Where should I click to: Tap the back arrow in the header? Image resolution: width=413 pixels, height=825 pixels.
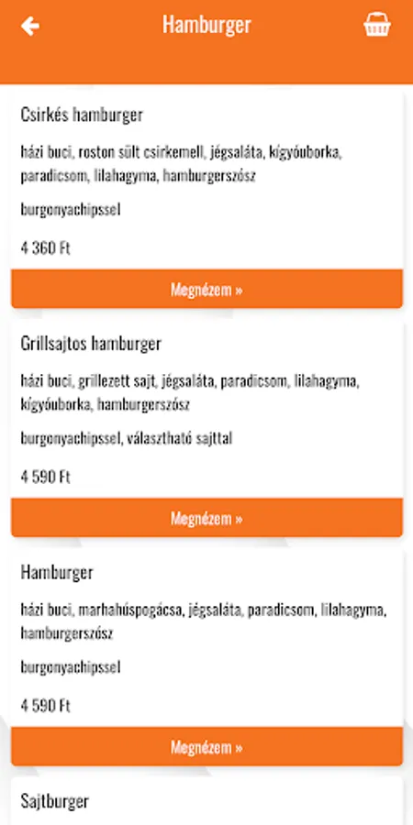click(30, 26)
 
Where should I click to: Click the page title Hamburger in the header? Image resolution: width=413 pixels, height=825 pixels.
click(206, 25)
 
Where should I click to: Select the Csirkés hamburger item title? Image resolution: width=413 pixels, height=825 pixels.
click(82, 115)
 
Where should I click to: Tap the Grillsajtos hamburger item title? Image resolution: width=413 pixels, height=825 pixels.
click(91, 344)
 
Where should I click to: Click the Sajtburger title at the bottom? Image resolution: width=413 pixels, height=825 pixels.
click(55, 801)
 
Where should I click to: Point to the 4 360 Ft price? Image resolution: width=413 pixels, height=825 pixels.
click(46, 247)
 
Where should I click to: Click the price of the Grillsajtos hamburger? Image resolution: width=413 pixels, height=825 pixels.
click(46, 477)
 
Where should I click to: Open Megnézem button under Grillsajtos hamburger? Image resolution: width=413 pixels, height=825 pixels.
click(206, 518)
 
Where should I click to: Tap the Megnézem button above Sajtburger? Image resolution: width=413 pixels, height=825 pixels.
click(206, 747)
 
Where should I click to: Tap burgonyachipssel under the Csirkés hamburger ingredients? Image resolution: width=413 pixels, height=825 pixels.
click(71, 210)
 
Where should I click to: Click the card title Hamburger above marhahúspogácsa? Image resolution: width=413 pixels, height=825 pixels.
click(57, 573)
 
